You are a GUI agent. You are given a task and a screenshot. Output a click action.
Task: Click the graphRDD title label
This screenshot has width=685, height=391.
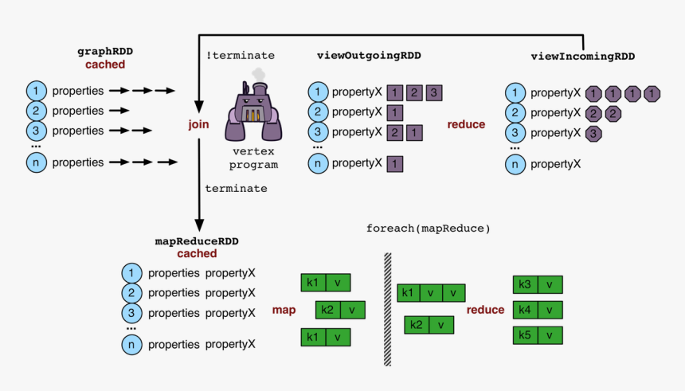(x=101, y=52)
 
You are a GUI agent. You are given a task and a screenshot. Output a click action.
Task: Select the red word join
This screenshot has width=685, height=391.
(x=198, y=124)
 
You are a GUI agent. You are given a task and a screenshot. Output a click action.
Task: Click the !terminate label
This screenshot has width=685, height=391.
(x=241, y=56)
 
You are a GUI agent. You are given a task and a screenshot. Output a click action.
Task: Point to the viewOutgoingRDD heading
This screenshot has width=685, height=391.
(x=369, y=56)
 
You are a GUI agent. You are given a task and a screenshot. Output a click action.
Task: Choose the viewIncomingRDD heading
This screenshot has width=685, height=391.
(x=582, y=57)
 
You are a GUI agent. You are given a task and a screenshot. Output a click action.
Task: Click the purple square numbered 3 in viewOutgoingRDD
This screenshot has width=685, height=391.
(x=434, y=92)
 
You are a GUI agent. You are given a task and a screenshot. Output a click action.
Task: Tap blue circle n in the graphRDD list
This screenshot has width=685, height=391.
(x=36, y=162)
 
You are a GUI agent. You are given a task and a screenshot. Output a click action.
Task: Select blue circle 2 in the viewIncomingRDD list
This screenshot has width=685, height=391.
(x=516, y=113)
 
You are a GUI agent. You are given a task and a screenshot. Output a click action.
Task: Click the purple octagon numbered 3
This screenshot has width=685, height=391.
(x=593, y=134)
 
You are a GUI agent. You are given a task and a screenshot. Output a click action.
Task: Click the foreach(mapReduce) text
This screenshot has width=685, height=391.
(x=428, y=229)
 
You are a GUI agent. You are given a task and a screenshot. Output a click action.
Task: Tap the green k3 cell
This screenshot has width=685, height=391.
(x=526, y=285)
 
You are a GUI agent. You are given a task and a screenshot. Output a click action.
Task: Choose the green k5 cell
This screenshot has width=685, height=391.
(x=526, y=335)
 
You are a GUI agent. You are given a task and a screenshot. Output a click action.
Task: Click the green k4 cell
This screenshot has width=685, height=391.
(x=526, y=310)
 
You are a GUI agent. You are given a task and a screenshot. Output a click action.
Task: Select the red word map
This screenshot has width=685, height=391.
(x=284, y=309)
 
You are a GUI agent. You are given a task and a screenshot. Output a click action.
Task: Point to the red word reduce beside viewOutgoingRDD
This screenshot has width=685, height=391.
(x=466, y=125)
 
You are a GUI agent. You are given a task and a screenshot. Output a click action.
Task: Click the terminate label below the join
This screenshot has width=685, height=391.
(x=236, y=189)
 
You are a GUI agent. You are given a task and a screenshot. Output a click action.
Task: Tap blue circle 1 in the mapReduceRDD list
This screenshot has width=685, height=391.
(x=131, y=273)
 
